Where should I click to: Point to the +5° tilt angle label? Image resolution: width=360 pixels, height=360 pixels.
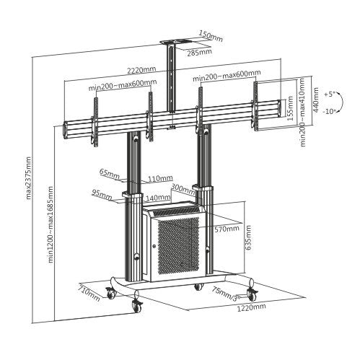[330, 94]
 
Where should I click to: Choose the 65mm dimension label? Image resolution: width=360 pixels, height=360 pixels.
[110, 174]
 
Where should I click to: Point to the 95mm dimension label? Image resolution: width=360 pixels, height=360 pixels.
[102, 193]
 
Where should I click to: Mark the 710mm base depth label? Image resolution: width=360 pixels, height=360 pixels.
[89, 291]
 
